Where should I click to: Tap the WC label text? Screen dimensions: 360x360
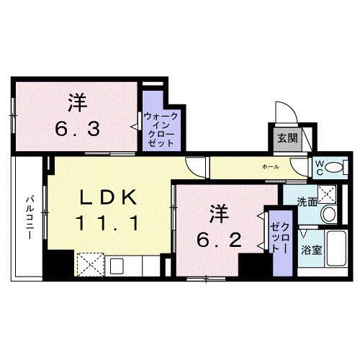pyautogui.click(x=317, y=167)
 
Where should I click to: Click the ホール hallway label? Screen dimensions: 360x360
pyautogui.click(x=270, y=167)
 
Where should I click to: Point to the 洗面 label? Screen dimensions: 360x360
pyautogui.click(x=307, y=202)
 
